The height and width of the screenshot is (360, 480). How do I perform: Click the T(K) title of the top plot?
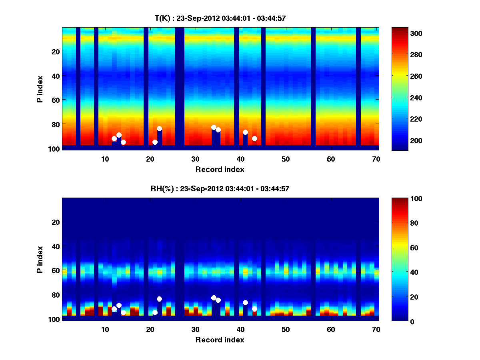tap(220, 18)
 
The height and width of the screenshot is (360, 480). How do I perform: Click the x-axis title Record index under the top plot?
tap(220, 169)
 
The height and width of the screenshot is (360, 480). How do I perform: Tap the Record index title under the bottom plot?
tap(220, 340)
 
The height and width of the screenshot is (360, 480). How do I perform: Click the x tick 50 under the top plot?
tap(286, 158)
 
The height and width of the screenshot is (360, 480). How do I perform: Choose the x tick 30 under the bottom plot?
tap(195, 329)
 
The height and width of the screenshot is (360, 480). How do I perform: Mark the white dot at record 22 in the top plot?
tap(159, 128)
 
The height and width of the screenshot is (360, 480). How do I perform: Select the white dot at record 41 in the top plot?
tap(245, 132)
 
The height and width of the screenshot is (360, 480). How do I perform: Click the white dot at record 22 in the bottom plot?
tap(159, 299)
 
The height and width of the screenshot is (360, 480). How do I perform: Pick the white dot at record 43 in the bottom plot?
tap(254, 309)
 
